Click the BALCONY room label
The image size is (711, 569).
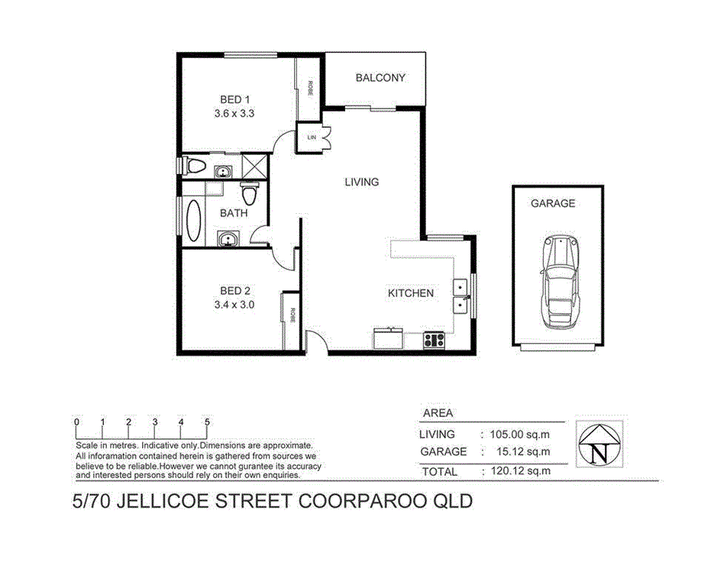tap(380, 78)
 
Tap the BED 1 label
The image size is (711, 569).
tap(234, 99)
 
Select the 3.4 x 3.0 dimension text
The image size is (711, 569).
tap(234, 304)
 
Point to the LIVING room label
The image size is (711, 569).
tap(361, 182)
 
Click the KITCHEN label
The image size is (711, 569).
tap(411, 293)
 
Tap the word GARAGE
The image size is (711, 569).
tap(553, 203)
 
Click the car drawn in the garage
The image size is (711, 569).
tap(559, 281)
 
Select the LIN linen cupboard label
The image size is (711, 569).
tap(312, 137)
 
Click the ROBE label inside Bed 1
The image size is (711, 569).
tap(310, 88)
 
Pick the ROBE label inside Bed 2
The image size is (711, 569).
tap(291, 313)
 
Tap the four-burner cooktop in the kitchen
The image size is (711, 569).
tap(434, 341)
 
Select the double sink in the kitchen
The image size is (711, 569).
tap(461, 296)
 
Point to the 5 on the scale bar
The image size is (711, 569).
tap(207, 422)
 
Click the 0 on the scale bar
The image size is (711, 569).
tap(76, 422)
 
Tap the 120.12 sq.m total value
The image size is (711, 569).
tap(519, 471)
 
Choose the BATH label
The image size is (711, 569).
tap(234, 213)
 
